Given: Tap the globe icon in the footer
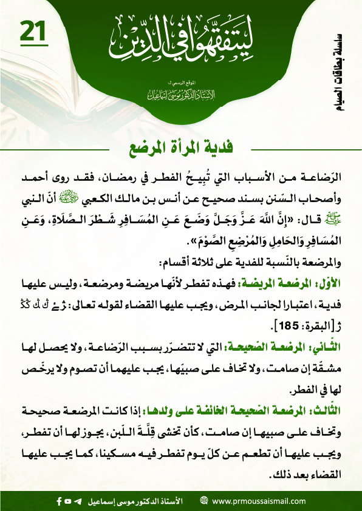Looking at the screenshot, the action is (x=203, y=501).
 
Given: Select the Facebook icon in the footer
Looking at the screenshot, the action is (x=59, y=501).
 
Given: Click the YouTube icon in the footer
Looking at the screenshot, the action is (x=69, y=501).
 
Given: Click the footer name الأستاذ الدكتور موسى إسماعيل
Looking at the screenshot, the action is (x=134, y=501).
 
